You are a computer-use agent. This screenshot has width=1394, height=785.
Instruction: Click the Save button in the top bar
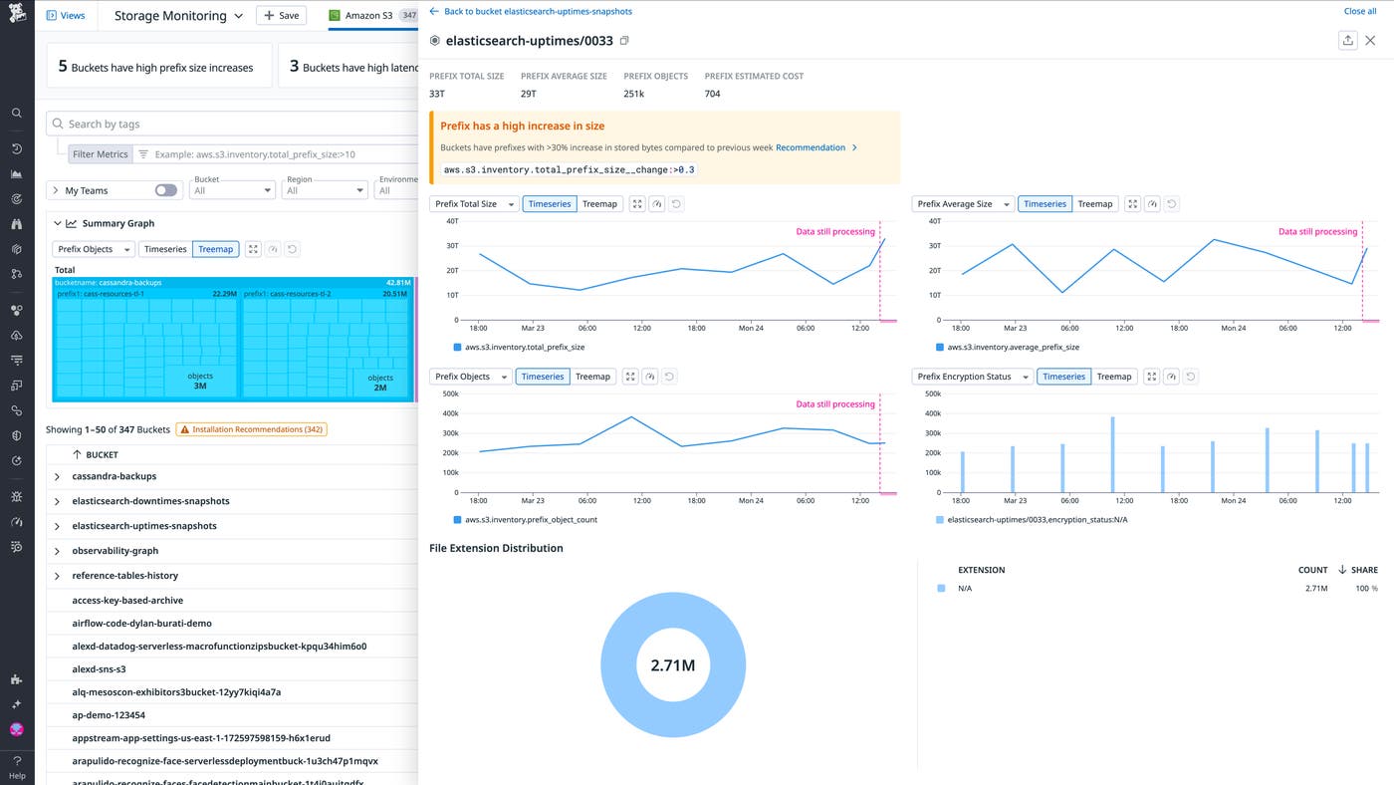tap(281, 16)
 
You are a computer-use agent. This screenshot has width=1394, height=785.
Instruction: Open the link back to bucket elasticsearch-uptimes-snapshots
tap(537, 11)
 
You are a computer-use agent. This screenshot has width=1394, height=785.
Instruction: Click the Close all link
tap(1359, 11)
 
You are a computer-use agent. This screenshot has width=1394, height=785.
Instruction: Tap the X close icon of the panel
tap(1370, 41)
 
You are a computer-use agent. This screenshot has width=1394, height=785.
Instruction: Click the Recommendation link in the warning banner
tap(811, 147)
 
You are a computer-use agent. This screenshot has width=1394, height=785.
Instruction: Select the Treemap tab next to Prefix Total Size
tap(599, 204)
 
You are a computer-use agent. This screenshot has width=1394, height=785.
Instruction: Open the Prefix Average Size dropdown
tap(963, 204)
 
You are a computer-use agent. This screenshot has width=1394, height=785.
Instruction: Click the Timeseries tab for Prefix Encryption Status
tap(1063, 377)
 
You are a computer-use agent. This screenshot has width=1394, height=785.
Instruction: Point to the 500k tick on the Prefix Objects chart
tap(450, 393)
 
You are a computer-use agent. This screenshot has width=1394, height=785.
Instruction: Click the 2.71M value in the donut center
tap(673, 665)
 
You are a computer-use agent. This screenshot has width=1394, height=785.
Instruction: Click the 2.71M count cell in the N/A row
tap(1315, 589)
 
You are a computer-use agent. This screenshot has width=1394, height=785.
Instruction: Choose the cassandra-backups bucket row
tap(114, 476)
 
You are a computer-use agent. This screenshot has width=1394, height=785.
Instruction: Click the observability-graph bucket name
tap(115, 551)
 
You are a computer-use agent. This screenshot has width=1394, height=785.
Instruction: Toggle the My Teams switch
tap(165, 190)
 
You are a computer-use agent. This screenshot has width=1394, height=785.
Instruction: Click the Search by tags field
tap(239, 124)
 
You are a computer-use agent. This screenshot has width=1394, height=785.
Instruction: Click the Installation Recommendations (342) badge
tap(252, 429)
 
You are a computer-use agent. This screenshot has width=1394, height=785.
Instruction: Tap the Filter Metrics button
tap(100, 154)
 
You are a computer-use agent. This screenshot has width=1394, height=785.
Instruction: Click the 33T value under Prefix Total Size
tap(436, 94)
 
